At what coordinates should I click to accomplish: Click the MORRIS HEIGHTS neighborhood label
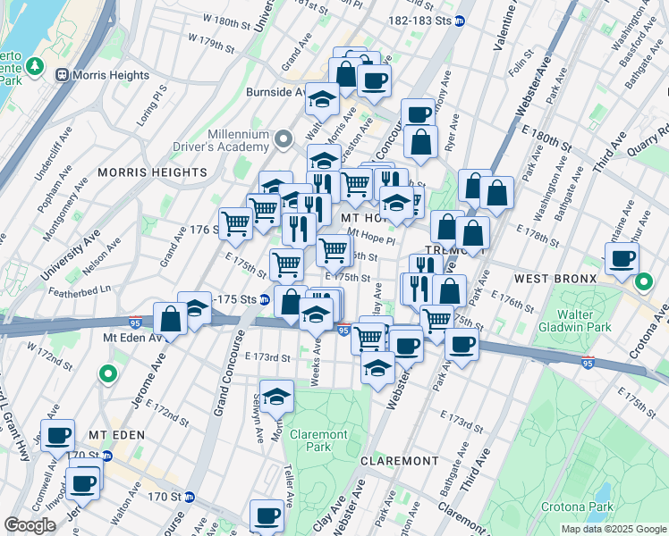pos(152,172)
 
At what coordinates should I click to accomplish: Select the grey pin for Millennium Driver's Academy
pos(284,139)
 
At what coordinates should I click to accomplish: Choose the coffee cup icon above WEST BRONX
pos(622,259)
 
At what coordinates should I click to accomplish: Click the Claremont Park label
pos(319,440)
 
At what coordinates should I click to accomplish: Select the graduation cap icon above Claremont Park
pos(277,396)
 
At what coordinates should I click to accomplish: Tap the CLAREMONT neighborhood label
pos(399,461)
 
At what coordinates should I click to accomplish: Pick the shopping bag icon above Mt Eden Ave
pos(170,318)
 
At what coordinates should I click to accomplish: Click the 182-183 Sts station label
pos(419,20)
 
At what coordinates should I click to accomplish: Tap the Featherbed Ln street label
pos(80,289)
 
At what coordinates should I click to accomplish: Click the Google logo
pos(30,525)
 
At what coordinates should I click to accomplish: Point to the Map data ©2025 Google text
pos(613,529)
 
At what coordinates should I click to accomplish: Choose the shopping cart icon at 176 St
pos(236,222)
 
